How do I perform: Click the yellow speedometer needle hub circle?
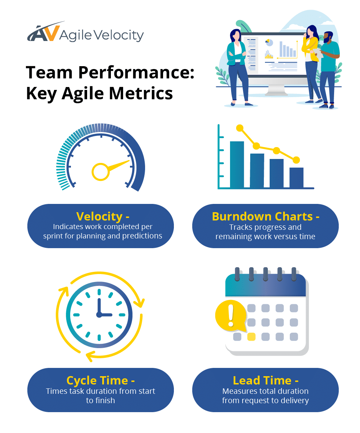[100, 171]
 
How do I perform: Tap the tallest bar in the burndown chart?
[237, 164]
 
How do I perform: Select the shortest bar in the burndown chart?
[296, 177]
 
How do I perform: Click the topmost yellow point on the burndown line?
[240, 128]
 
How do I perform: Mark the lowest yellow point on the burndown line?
[296, 160]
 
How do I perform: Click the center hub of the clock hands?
[99, 314]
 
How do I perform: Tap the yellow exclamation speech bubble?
[230, 315]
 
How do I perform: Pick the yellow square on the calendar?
[251, 337]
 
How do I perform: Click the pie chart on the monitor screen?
[269, 43]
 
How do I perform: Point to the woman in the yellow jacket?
[311, 61]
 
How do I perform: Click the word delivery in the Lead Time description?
[294, 400]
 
